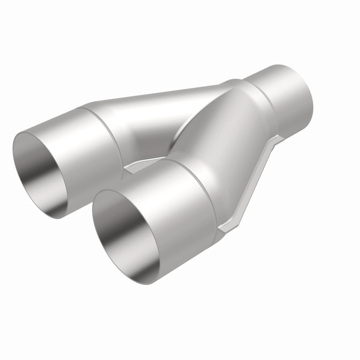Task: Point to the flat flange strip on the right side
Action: (256, 180)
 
